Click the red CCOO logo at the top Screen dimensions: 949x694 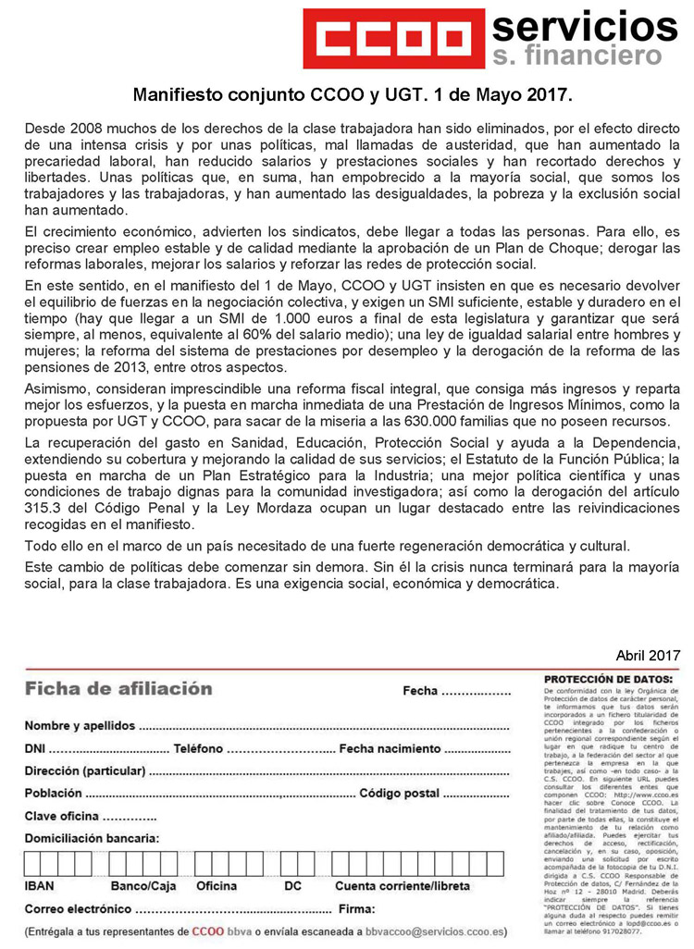pos(392,38)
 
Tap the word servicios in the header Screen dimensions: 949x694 pos(585,25)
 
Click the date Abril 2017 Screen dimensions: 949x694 pos(647,655)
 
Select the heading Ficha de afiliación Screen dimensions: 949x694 pos(118,688)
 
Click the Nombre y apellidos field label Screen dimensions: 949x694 pos(80,725)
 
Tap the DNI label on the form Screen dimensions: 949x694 pos(35,748)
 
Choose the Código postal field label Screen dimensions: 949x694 pos(399,794)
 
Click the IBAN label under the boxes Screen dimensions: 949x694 pos(39,885)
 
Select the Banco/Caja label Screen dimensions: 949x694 pos(143,885)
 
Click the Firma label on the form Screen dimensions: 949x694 pos(357,908)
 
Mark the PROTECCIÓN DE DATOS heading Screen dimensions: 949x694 pos(608,679)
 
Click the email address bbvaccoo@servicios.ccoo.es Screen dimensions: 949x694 pos(436,931)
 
